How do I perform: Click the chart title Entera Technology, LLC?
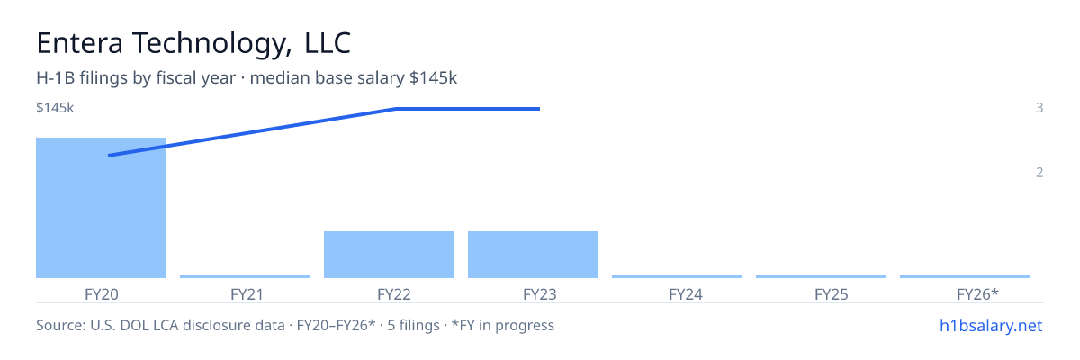click(x=193, y=43)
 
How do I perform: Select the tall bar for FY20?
click(x=101, y=208)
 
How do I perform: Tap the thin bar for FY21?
click(x=245, y=276)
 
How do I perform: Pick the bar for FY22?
click(x=389, y=255)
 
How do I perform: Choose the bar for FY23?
click(x=533, y=255)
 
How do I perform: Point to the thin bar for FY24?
click(x=677, y=276)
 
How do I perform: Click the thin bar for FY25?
click(x=821, y=276)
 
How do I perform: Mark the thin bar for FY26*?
click(x=965, y=276)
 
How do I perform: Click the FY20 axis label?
click(x=101, y=294)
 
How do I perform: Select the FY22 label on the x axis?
click(x=394, y=294)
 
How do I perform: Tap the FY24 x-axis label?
click(x=686, y=294)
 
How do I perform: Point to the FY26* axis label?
click(x=977, y=293)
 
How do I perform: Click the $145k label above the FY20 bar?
click(x=55, y=107)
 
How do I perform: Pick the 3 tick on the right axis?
click(x=1039, y=107)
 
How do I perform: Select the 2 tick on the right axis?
click(x=1039, y=172)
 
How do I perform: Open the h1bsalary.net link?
click(x=991, y=325)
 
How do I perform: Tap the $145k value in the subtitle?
click(x=433, y=77)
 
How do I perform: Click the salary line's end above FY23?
click(x=539, y=109)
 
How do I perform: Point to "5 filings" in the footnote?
click(x=413, y=325)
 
